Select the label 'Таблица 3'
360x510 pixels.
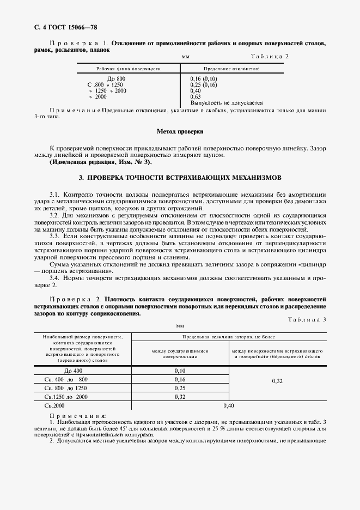[306, 319]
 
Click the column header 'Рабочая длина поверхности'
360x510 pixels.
[129, 69]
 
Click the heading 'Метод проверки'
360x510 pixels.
[180, 131]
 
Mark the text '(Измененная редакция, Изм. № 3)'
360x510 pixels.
[101, 162]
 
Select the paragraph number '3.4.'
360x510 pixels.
[56, 278]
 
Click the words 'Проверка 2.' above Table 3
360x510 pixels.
[76, 299]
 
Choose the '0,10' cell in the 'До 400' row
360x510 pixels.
[180, 371]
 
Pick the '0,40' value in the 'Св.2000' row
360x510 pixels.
[228, 406]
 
